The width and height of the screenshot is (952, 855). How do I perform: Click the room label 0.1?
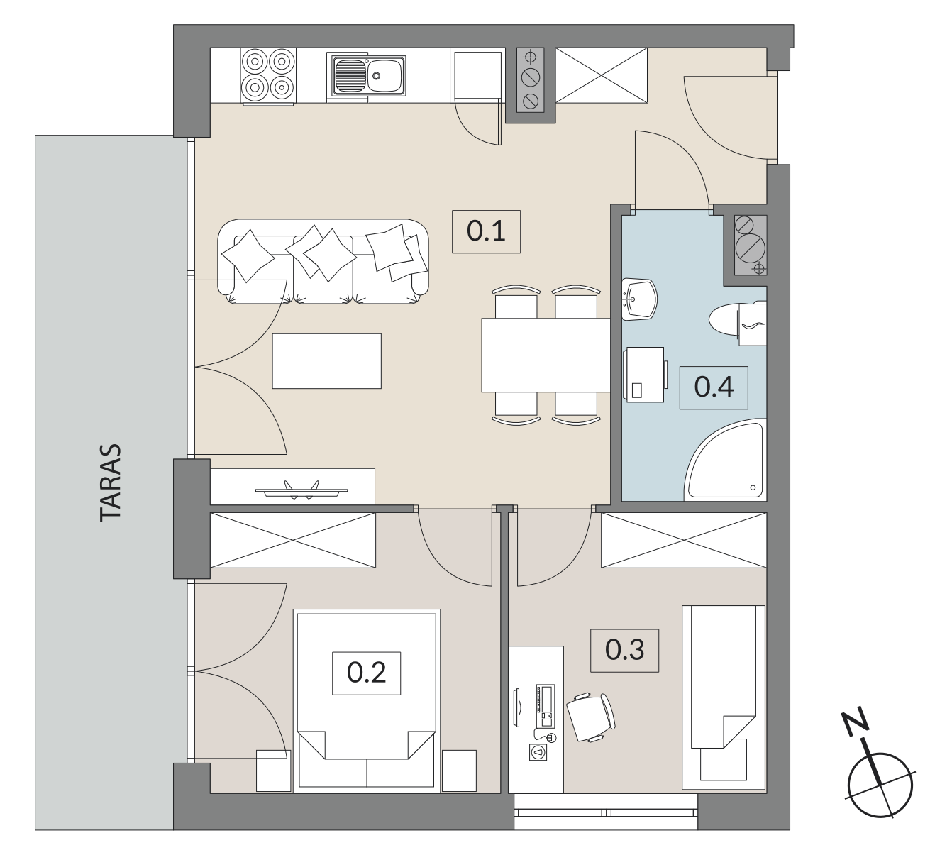click(x=486, y=231)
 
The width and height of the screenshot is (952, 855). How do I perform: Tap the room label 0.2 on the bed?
click(x=366, y=673)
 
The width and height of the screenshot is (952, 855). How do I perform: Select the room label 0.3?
click(x=624, y=650)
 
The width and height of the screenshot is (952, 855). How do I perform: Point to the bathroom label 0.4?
click(x=714, y=387)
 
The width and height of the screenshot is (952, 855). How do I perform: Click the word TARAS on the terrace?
click(x=111, y=482)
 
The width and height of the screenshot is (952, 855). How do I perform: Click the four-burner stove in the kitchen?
click(x=268, y=76)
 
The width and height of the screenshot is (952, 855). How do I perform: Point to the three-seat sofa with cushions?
click(x=323, y=261)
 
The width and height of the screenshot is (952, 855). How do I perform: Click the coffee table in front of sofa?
click(x=326, y=361)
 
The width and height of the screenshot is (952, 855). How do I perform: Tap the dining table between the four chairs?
click(x=546, y=355)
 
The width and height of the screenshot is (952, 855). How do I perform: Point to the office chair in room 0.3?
click(x=591, y=717)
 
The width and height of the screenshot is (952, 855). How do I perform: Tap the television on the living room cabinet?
click(x=301, y=490)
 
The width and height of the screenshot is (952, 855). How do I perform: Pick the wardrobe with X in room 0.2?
click(x=292, y=540)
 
